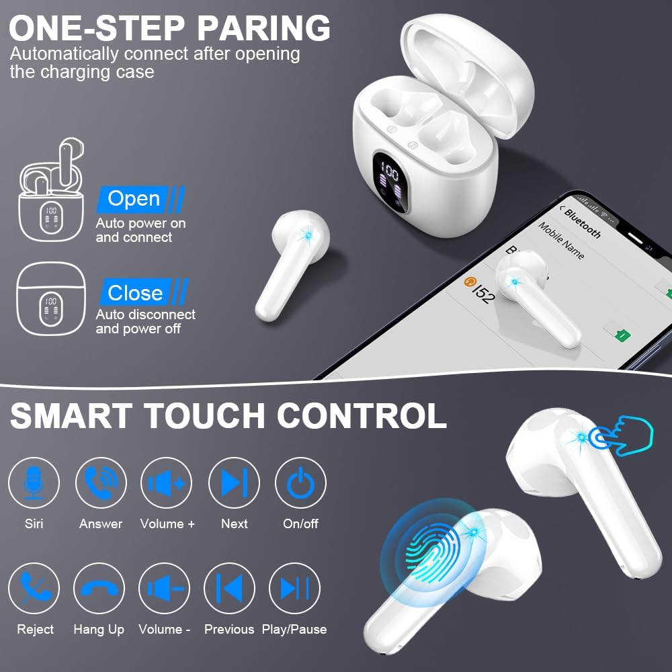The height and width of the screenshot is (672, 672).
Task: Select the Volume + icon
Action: pos(166,482)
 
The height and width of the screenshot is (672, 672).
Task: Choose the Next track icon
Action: pos(234,482)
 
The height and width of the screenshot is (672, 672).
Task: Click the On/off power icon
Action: pos(300,482)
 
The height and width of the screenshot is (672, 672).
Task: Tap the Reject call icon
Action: pos(34,588)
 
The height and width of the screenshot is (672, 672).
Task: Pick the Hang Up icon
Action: pos(99,588)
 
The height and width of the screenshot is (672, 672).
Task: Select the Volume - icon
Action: pos(164,588)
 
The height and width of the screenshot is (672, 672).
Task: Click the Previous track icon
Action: pos(229,588)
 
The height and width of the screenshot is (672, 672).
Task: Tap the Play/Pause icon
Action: pos(294,588)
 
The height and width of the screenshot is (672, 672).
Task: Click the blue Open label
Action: pos(134,199)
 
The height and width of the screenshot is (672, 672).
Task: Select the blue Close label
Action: pos(136,293)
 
